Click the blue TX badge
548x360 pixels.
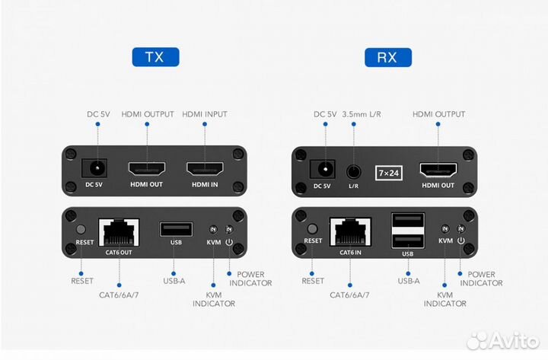155,57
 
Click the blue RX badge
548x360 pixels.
388,57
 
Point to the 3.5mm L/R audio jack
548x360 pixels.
353,170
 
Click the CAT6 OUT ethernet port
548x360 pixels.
117,228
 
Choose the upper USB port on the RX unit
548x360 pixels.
407,221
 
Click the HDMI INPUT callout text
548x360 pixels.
205,114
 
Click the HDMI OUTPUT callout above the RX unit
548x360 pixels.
438,114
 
